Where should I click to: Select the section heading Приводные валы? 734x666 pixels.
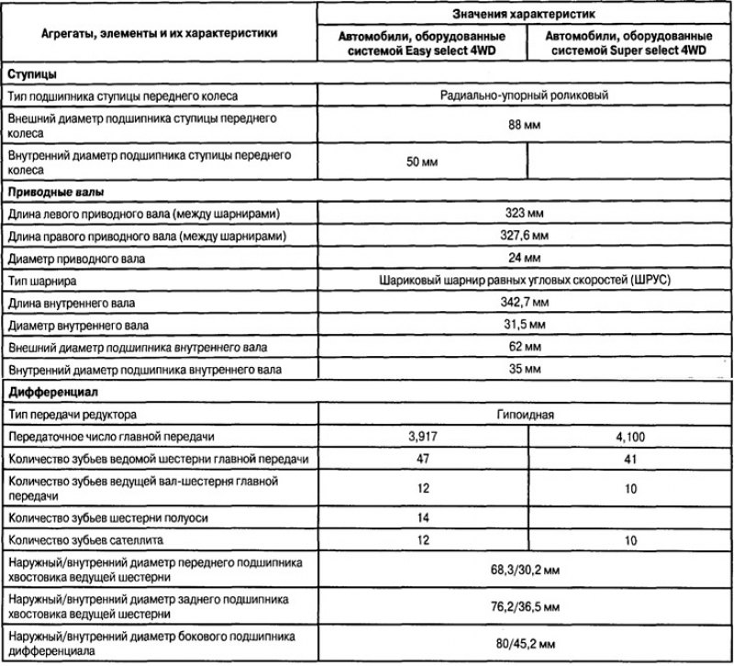pos(54,193)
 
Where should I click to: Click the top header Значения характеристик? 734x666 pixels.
pos(524,16)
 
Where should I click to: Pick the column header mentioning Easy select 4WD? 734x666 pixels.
pos(423,45)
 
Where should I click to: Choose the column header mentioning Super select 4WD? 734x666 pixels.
pos(631,45)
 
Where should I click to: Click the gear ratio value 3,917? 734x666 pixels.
pos(423,436)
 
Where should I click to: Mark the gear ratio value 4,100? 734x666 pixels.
pos(631,436)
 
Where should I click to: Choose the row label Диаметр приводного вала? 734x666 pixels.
pos(77,258)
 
